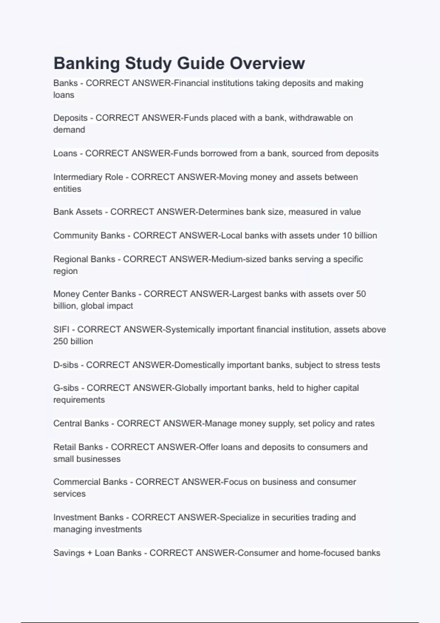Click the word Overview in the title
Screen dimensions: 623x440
coord(267,63)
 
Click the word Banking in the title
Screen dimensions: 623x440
coord(87,63)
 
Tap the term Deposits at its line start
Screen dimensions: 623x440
coord(70,118)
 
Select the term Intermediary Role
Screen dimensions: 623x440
coord(88,177)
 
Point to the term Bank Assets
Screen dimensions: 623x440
coord(78,212)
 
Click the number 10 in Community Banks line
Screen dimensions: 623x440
coord(347,236)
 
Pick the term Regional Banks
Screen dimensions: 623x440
coord(84,259)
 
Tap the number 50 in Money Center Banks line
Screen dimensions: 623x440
coord(361,294)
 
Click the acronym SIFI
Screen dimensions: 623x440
coord(61,329)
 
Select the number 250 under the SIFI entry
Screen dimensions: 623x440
coord(60,341)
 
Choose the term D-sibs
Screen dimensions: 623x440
coord(66,365)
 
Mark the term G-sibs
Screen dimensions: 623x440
coord(66,388)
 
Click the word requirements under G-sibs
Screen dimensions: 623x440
coord(79,400)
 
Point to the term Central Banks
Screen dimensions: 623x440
coord(81,423)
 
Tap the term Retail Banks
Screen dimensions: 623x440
coord(78,447)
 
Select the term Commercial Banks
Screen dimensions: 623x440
coord(90,482)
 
